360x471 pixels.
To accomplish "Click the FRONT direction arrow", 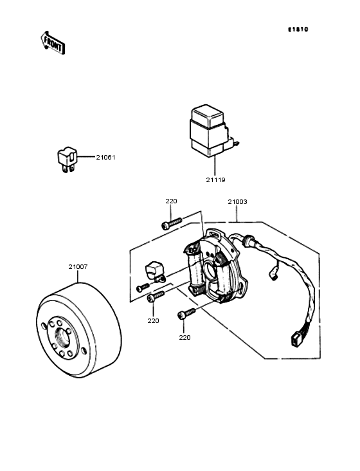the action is [x=53, y=42].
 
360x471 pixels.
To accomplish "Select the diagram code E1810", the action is [x=298, y=30].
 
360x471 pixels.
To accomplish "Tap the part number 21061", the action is [x=105, y=158].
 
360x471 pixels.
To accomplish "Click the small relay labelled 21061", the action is [x=67, y=160].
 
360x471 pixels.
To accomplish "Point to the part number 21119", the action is [x=215, y=180].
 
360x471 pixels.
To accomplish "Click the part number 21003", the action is [x=237, y=202].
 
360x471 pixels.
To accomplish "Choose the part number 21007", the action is [x=78, y=267].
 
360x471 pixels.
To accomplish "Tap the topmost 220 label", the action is [x=171, y=201].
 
